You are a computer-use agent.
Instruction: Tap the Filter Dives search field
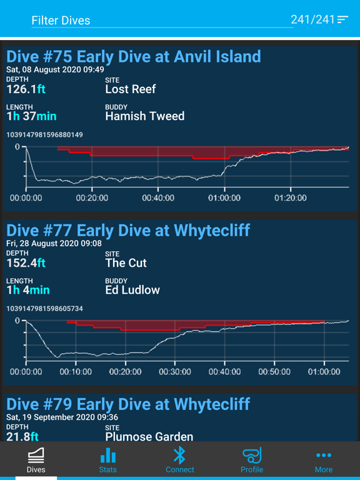tap(162, 21)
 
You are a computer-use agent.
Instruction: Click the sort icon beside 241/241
tap(342, 19)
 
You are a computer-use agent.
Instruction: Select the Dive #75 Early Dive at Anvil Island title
tap(134, 57)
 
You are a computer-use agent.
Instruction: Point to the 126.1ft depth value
tap(26, 89)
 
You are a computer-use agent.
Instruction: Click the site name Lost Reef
tap(131, 89)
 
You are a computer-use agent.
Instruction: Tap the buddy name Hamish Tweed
tap(145, 116)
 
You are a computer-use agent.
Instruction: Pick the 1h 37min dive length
tap(31, 116)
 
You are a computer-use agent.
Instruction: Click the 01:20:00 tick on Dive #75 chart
tap(291, 197)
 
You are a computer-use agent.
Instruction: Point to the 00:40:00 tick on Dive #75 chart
tap(158, 197)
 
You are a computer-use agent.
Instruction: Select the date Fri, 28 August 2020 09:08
tap(54, 243)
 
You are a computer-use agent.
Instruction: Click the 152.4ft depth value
tap(26, 263)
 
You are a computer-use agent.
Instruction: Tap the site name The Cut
tap(126, 263)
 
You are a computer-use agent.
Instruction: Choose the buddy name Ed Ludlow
tap(132, 290)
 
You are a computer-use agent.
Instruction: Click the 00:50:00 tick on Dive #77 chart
tap(274, 372)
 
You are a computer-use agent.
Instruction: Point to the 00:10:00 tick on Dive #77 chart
tap(76, 372)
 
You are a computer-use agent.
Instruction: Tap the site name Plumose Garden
tap(149, 437)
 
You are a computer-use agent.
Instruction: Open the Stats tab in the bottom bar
tap(107, 461)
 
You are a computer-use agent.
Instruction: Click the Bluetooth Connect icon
tap(180, 455)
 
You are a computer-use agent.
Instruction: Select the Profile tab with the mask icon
tap(252, 461)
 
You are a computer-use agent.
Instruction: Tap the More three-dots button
tap(324, 461)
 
